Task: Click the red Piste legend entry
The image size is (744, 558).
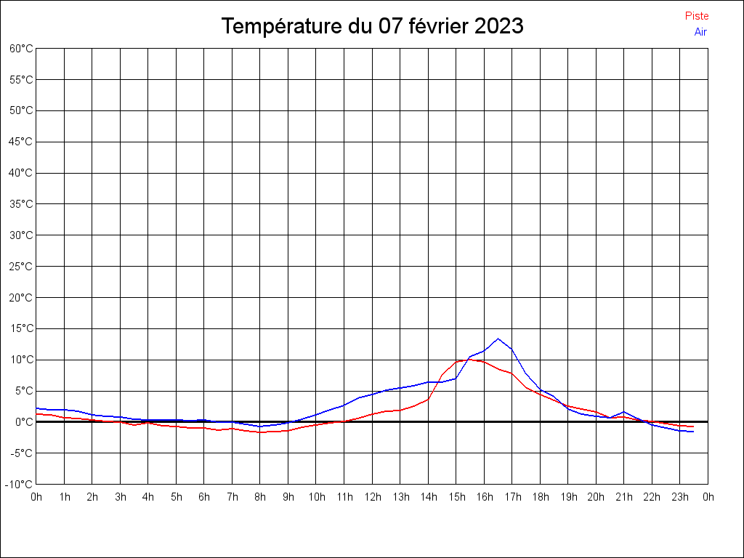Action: pos(697,16)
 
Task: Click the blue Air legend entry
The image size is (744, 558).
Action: pos(700,32)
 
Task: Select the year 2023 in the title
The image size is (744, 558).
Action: pos(498,25)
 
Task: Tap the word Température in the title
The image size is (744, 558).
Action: pos(281,25)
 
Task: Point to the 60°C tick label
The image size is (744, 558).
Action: pos(21,49)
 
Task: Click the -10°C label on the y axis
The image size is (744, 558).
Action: pos(19,485)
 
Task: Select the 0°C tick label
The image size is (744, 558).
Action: pos(23,422)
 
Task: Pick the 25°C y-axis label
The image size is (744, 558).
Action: pos(21,266)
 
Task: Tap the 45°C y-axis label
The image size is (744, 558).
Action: pos(21,142)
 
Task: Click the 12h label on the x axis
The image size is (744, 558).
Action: pos(373,497)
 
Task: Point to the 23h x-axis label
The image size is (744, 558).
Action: pos(680,497)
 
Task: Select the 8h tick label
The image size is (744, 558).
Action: pos(260,497)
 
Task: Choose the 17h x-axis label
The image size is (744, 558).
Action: pos(512,497)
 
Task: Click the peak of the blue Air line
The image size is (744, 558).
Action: pos(498,339)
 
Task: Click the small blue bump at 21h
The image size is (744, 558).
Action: pos(624,412)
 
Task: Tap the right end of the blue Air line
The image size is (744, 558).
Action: pos(693,432)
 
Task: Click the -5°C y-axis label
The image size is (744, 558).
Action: pos(21,453)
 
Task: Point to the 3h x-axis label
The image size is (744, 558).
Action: pos(121,497)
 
